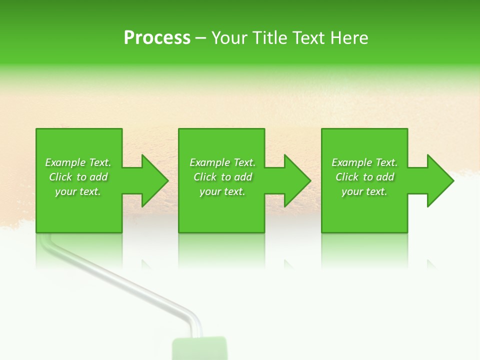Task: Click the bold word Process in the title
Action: click(x=157, y=38)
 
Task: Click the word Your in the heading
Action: click(x=228, y=38)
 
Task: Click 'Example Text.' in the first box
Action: click(x=78, y=162)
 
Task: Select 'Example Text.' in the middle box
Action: click(x=222, y=162)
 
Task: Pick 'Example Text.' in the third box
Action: click(x=364, y=162)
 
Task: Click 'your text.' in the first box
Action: click(x=78, y=191)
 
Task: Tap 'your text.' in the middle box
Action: click(x=222, y=191)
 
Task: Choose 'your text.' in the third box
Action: click(x=364, y=191)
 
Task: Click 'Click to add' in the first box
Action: click(x=78, y=177)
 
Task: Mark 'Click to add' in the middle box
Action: click(x=222, y=177)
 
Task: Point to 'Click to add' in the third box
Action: click(x=364, y=177)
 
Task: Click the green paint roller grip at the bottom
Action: click(x=199, y=349)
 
